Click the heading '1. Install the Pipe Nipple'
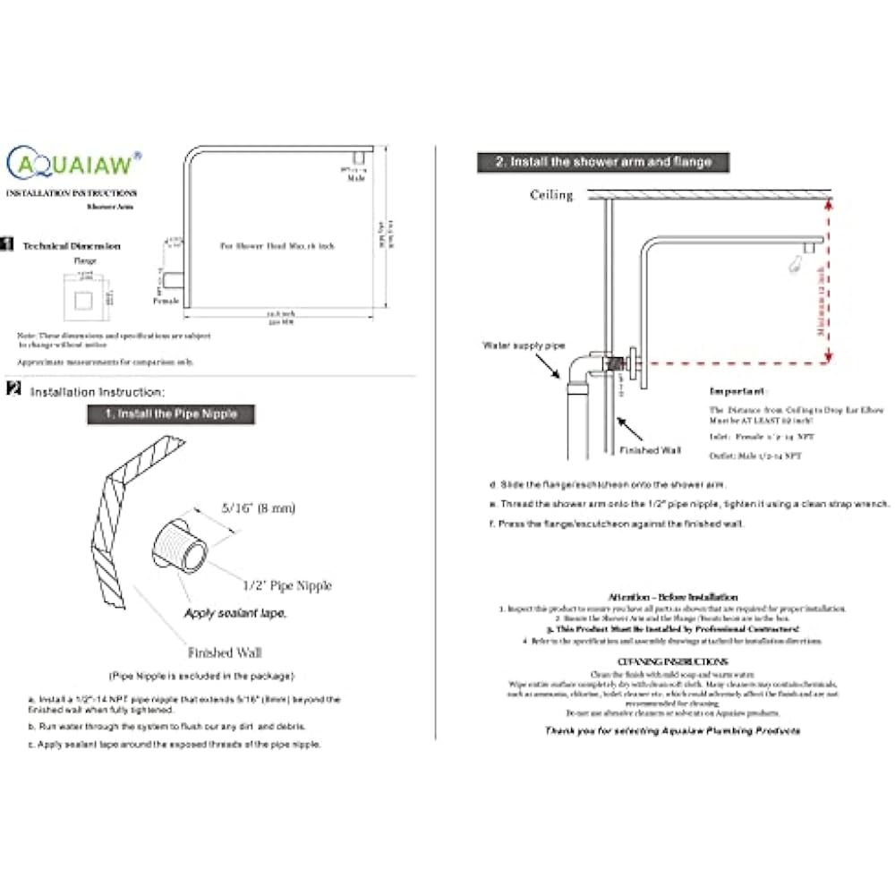[x=171, y=414]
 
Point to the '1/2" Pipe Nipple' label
[x=286, y=585]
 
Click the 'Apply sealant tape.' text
[x=235, y=613]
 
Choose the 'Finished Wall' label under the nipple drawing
[x=225, y=652]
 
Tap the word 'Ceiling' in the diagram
[x=551, y=194]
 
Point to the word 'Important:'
[x=738, y=391]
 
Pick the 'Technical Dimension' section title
[x=72, y=246]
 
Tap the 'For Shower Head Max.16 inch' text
[x=277, y=244]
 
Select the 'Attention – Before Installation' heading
[x=672, y=596]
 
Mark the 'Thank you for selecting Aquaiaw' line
[x=672, y=730]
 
